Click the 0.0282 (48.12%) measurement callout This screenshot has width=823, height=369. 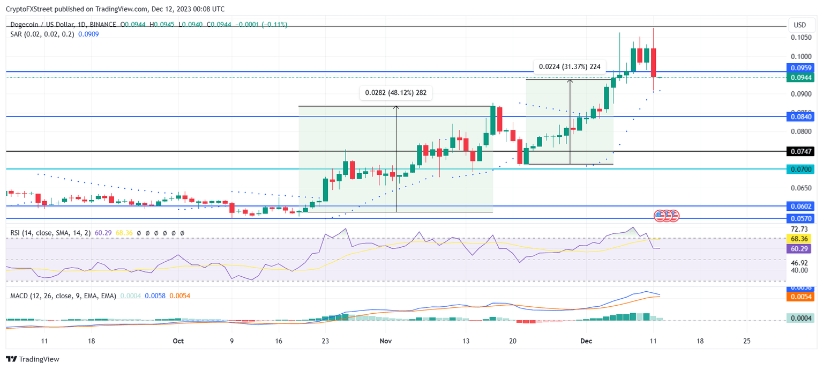(x=395, y=93)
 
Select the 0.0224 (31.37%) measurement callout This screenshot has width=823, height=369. (x=570, y=67)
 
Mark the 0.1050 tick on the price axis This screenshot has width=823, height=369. (x=802, y=38)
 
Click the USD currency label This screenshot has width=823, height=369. (x=800, y=25)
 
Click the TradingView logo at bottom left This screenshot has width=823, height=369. (x=33, y=359)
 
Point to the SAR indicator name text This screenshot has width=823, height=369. (x=16, y=34)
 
